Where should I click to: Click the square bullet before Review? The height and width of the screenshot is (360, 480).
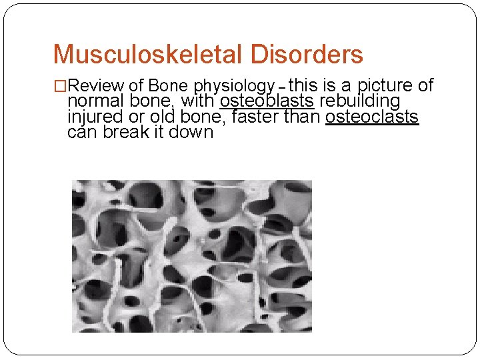pos(60,86)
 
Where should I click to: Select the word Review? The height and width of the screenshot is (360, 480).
pos(97,86)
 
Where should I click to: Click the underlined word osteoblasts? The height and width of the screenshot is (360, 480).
pos(267,101)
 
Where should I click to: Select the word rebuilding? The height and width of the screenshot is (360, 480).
pos(359,101)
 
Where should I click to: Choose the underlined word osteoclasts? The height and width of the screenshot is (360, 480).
pos(372,117)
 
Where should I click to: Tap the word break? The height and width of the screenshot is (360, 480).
pos(127,132)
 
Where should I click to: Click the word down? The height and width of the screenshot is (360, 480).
pos(194,132)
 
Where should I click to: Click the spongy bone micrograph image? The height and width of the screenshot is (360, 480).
pos(192,256)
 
